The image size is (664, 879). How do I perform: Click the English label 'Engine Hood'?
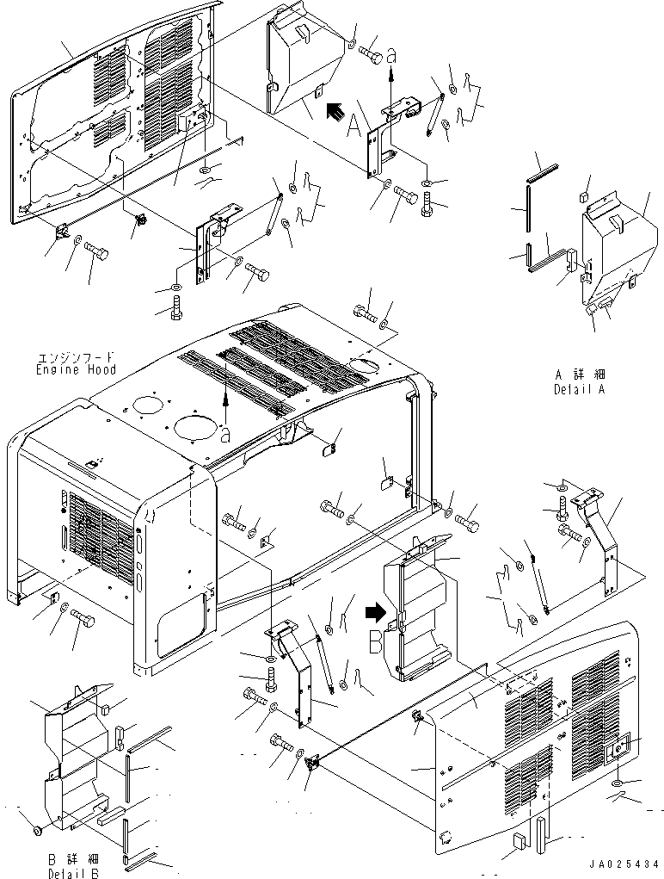click(77, 369)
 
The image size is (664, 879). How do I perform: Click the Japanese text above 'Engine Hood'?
click(77, 357)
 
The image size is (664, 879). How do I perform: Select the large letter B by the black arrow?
click(376, 641)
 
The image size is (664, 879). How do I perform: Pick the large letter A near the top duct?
click(354, 129)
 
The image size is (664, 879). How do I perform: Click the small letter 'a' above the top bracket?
click(392, 54)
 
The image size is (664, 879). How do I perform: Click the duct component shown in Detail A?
click(615, 250)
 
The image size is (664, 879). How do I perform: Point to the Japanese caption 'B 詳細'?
click(73, 858)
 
